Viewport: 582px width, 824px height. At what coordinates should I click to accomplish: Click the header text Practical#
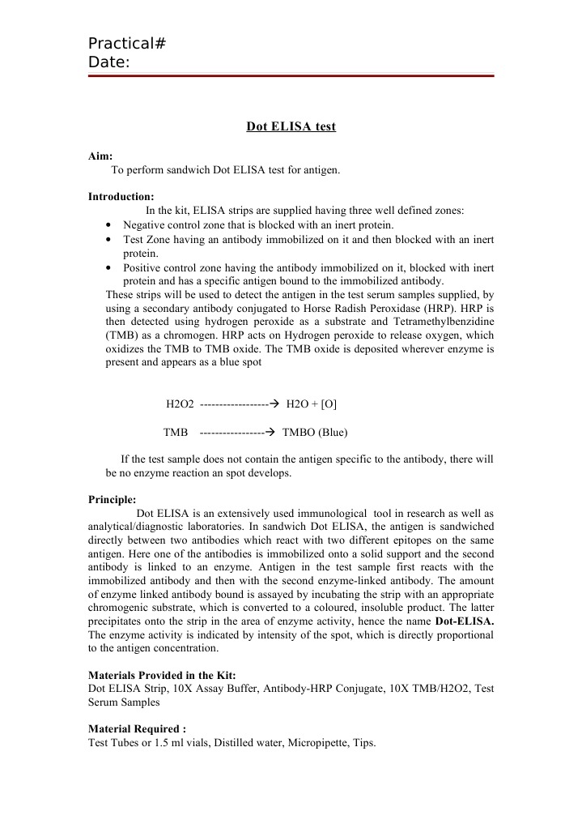(127, 44)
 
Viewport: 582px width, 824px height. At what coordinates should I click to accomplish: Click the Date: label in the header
(109, 62)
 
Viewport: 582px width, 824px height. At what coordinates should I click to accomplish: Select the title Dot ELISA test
(291, 126)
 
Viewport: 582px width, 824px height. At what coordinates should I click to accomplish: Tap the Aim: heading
(100, 156)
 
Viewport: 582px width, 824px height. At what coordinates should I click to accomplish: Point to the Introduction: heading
(121, 196)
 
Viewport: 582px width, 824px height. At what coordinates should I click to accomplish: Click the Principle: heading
(112, 499)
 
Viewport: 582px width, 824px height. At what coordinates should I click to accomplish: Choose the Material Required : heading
(137, 728)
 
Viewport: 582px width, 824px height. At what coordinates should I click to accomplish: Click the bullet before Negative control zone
(109, 224)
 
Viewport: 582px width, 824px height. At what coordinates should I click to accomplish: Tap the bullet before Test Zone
(109, 240)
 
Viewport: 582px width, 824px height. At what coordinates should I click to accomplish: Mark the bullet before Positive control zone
(109, 267)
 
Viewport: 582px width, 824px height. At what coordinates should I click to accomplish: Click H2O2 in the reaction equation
(180, 403)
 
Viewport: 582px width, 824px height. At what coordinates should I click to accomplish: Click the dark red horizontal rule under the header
(291, 76)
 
